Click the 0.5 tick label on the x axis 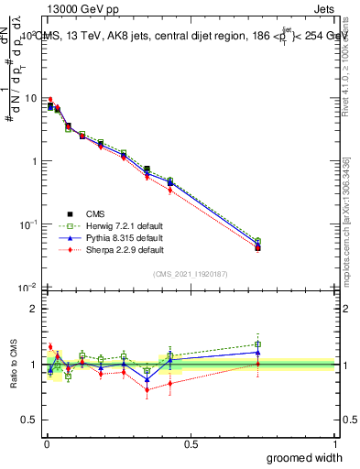(191, 444)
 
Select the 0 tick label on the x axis (46, 444)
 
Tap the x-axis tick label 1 (334, 444)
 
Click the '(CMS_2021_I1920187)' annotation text (190, 274)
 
